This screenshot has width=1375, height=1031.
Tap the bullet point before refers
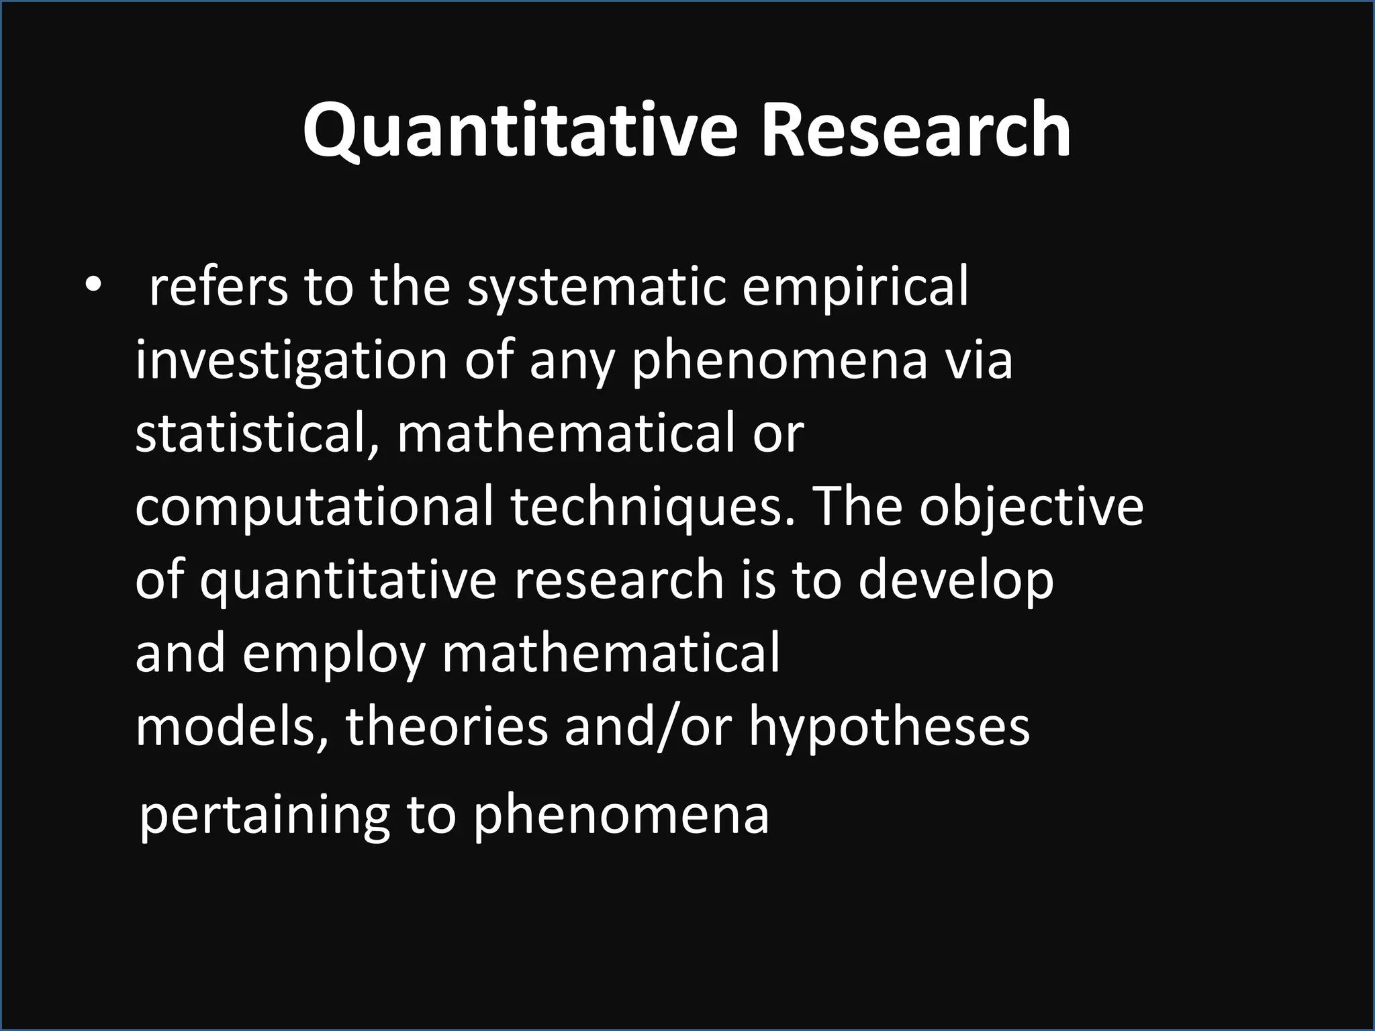(x=92, y=285)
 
